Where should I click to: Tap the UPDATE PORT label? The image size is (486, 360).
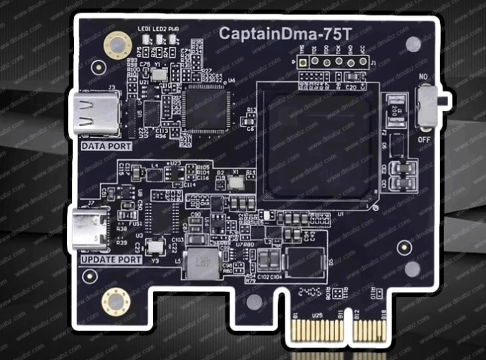pos(111,260)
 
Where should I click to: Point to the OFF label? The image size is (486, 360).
pos(425,139)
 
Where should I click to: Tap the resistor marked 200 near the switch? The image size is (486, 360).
pos(397,109)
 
